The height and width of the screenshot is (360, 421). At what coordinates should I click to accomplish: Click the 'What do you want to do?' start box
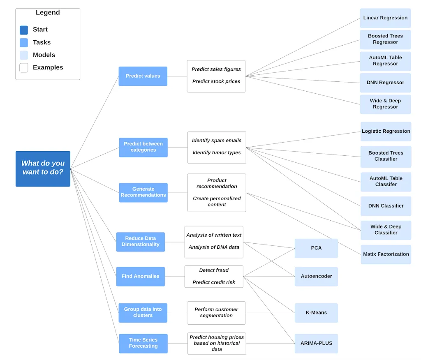click(43, 168)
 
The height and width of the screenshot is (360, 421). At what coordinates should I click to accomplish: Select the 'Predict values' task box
click(143, 76)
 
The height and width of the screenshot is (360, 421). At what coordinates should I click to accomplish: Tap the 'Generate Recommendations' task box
click(143, 192)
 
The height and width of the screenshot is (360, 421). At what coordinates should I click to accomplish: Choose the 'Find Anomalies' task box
click(140, 277)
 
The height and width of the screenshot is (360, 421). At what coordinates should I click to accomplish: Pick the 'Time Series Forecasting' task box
click(143, 343)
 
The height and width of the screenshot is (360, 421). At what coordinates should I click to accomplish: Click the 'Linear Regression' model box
click(385, 18)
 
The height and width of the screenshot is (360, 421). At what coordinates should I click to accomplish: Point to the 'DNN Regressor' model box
click(385, 83)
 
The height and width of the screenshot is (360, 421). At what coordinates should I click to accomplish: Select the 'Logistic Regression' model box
click(386, 132)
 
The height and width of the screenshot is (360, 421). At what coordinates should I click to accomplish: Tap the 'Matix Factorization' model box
click(386, 254)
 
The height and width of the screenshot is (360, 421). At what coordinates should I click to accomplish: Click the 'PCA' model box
click(316, 248)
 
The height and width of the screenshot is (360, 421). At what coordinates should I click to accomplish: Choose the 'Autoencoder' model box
click(316, 277)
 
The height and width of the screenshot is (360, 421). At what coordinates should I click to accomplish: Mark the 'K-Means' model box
click(316, 313)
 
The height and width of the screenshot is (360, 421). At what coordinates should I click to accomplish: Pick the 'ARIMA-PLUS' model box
click(316, 343)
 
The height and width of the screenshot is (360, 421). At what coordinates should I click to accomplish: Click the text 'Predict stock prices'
click(216, 81)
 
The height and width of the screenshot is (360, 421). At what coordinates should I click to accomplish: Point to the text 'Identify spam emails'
click(217, 141)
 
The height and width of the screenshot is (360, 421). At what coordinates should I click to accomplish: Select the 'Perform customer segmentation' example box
click(216, 313)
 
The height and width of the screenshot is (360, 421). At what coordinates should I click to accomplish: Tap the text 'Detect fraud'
click(214, 270)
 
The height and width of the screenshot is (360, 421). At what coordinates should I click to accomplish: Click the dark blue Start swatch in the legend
click(24, 30)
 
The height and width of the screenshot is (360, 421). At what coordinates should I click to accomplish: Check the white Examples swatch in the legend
click(24, 68)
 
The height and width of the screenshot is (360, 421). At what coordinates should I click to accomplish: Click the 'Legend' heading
click(48, 13)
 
